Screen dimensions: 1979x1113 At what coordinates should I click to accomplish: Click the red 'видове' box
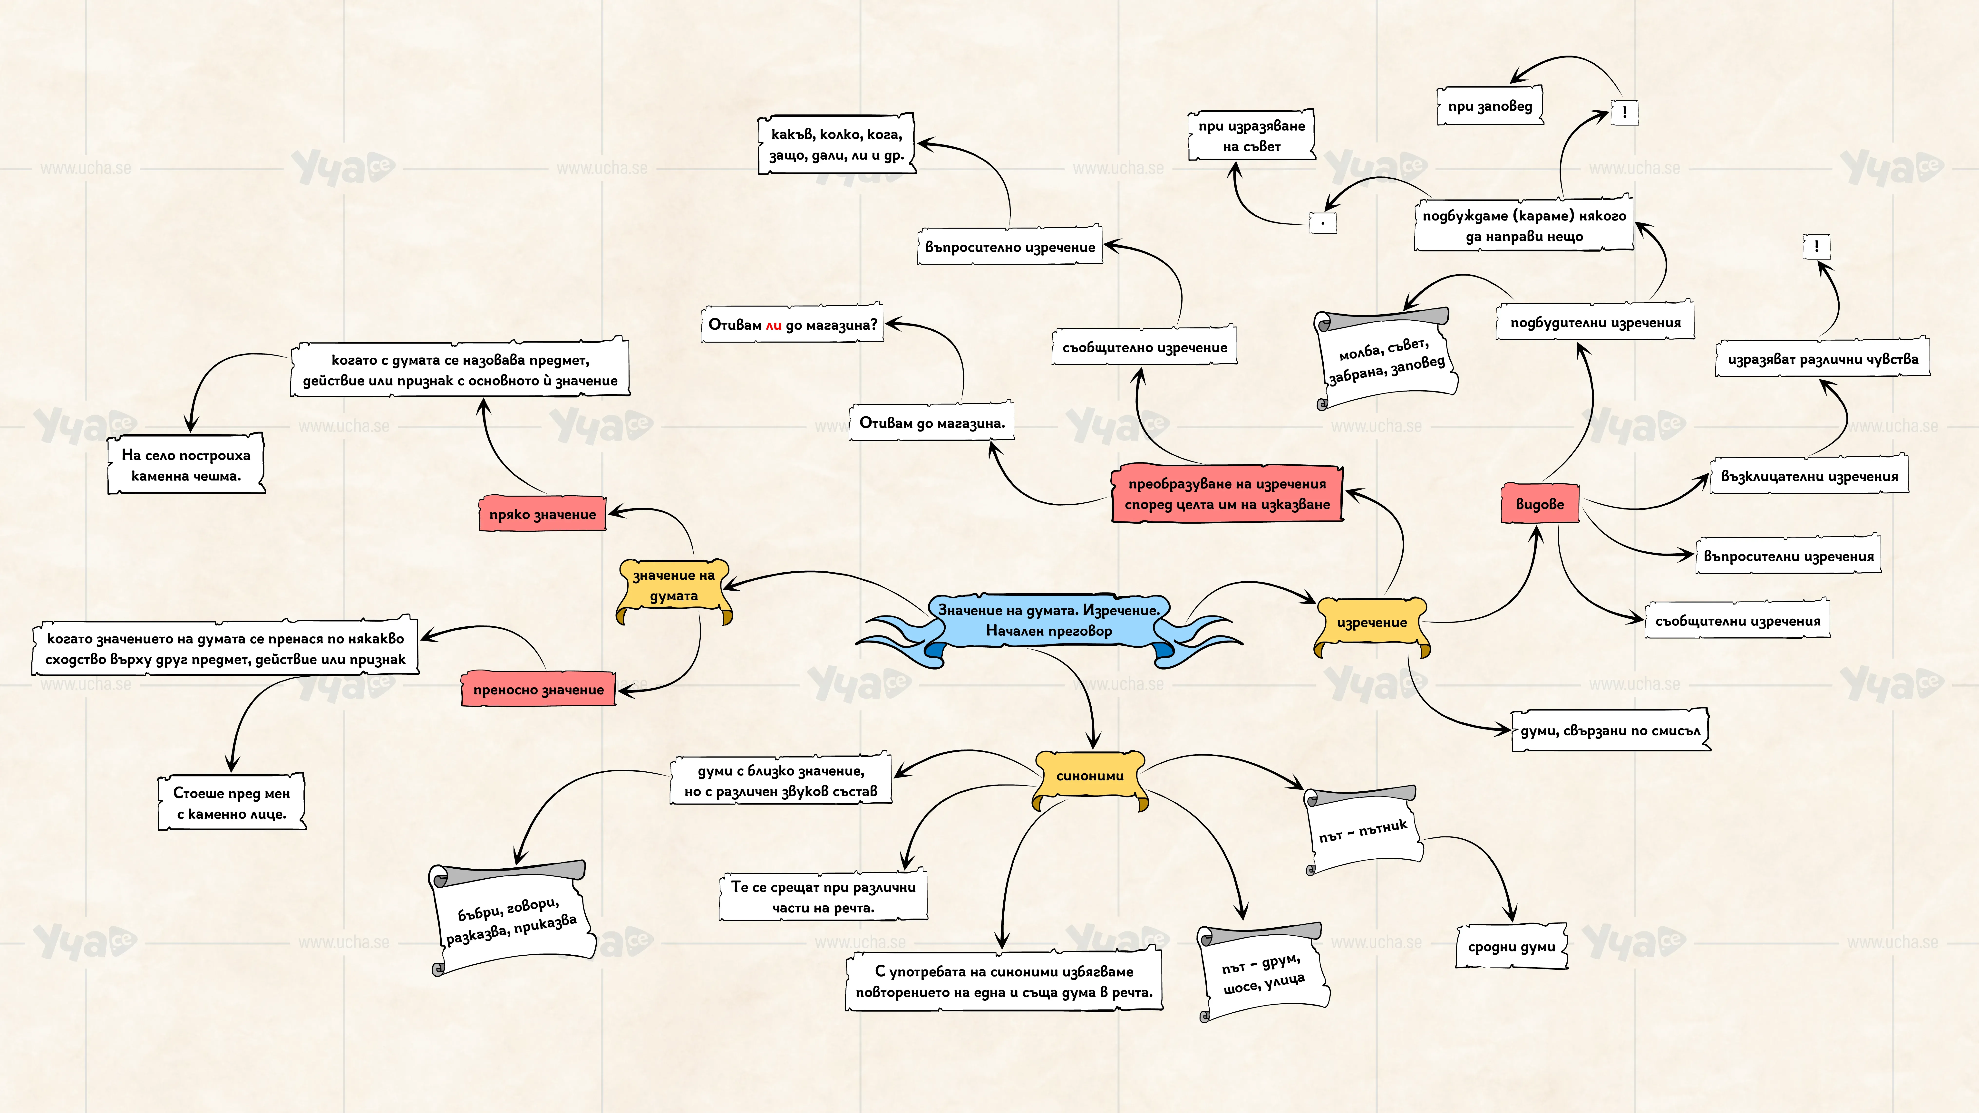pos(1540,504)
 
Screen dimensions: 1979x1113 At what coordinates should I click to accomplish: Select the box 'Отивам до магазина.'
pos(932,422)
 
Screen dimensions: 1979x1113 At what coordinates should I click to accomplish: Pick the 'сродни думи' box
pos(1511,947)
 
